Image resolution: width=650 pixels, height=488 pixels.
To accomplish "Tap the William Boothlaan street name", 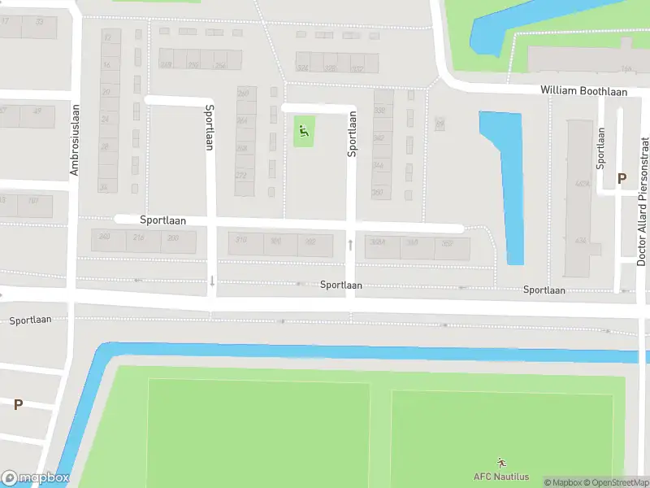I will (x=584, y=91).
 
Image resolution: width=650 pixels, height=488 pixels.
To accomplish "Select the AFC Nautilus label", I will (x=501, y=477).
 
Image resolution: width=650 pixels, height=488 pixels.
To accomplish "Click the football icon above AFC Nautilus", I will (x=501, y=463).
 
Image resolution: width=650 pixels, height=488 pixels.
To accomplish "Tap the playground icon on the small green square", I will (x=304, y=130).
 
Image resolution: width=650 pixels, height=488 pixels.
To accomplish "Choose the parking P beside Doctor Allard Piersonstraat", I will (x=622, y=178).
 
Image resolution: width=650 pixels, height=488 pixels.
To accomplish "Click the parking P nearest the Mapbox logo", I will (x=18, y=404).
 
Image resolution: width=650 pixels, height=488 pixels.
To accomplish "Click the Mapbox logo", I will (x=35, y=478).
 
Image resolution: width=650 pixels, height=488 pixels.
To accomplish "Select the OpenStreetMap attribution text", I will (x=616, y=482).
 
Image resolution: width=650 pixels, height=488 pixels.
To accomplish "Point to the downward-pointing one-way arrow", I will (x=212, y=281).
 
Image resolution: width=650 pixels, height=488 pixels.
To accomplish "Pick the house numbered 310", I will (x=240, y=239).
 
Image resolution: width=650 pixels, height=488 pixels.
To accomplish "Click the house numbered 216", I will (x=139, y=237).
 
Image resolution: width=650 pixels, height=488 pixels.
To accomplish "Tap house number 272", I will (x=241, y=175).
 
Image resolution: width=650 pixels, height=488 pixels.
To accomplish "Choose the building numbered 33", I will (x=39, y=22).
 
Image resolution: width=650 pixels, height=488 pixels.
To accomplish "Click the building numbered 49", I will (x=37, y=111).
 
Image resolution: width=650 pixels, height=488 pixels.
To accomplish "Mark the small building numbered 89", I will (x=440, y=123).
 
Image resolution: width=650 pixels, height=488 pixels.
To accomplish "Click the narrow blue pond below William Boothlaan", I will (x=508, y=187).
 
